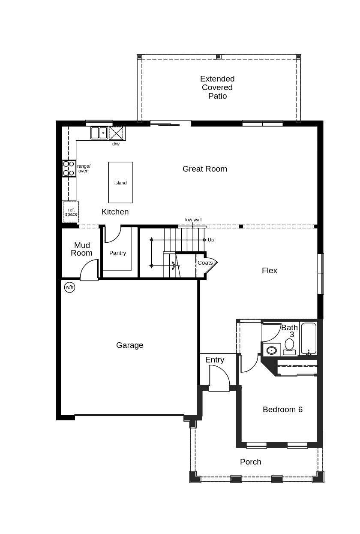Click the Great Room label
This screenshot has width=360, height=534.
204,169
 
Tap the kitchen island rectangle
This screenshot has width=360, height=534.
120,182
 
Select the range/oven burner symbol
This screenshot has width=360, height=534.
69,168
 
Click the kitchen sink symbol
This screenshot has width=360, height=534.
99,133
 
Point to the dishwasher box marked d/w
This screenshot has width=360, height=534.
116,133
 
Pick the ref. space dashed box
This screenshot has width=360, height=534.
71,212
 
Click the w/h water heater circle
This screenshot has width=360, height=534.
69,287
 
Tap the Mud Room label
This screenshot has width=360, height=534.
81,249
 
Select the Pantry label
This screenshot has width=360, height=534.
117,253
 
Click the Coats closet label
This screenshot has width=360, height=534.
205,262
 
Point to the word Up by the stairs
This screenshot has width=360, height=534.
211,240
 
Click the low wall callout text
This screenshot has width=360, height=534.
193,220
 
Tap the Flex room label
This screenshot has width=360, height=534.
270,271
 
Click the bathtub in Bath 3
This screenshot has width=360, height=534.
309,339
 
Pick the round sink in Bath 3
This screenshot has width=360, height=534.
271,350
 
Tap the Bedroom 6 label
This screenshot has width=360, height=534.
282,410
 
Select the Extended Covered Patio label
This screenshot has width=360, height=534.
217,87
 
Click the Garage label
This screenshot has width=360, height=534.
129,345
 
